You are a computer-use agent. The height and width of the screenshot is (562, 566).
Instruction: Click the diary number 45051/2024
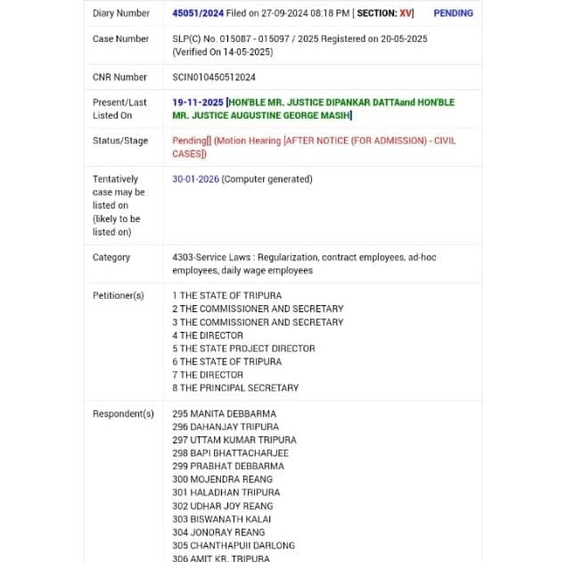click(198, 13)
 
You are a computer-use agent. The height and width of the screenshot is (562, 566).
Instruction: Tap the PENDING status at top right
click(453, 13)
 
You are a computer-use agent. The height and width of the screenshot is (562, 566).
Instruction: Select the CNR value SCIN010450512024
click(214, 78)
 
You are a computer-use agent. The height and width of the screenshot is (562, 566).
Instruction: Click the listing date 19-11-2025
click(198, 103)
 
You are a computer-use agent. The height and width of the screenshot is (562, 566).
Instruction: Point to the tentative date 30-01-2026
click(195, 179)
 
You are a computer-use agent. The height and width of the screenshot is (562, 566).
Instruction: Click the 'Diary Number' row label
click(121, 13)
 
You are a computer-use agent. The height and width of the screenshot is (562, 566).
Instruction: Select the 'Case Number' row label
click(120, 39)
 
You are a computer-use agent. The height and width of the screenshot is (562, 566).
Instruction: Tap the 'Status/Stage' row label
click(120, 141)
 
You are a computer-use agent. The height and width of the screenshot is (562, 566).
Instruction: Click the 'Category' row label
click(111, 258)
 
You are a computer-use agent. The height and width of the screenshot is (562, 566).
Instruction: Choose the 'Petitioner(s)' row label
click(119, 296)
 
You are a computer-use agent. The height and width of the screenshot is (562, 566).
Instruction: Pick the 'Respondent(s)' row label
click(123, 414)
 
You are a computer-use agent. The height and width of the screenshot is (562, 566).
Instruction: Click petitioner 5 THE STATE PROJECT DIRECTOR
click(243, 349)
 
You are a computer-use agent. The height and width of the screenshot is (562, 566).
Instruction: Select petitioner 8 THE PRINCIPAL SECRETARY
click(235, 388)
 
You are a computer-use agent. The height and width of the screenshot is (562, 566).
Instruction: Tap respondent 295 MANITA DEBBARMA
click(225, 414)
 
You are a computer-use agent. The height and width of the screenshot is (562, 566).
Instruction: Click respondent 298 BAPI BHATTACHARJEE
click(230, 453)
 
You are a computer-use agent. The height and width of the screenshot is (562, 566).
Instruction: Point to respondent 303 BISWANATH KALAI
click(222, 519)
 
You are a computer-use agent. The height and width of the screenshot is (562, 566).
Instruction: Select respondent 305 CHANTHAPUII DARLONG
click(234, 545)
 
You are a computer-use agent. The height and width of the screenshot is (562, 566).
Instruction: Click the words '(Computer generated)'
click(267, 179)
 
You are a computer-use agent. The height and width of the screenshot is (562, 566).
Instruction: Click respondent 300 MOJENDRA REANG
click(223, 480)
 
